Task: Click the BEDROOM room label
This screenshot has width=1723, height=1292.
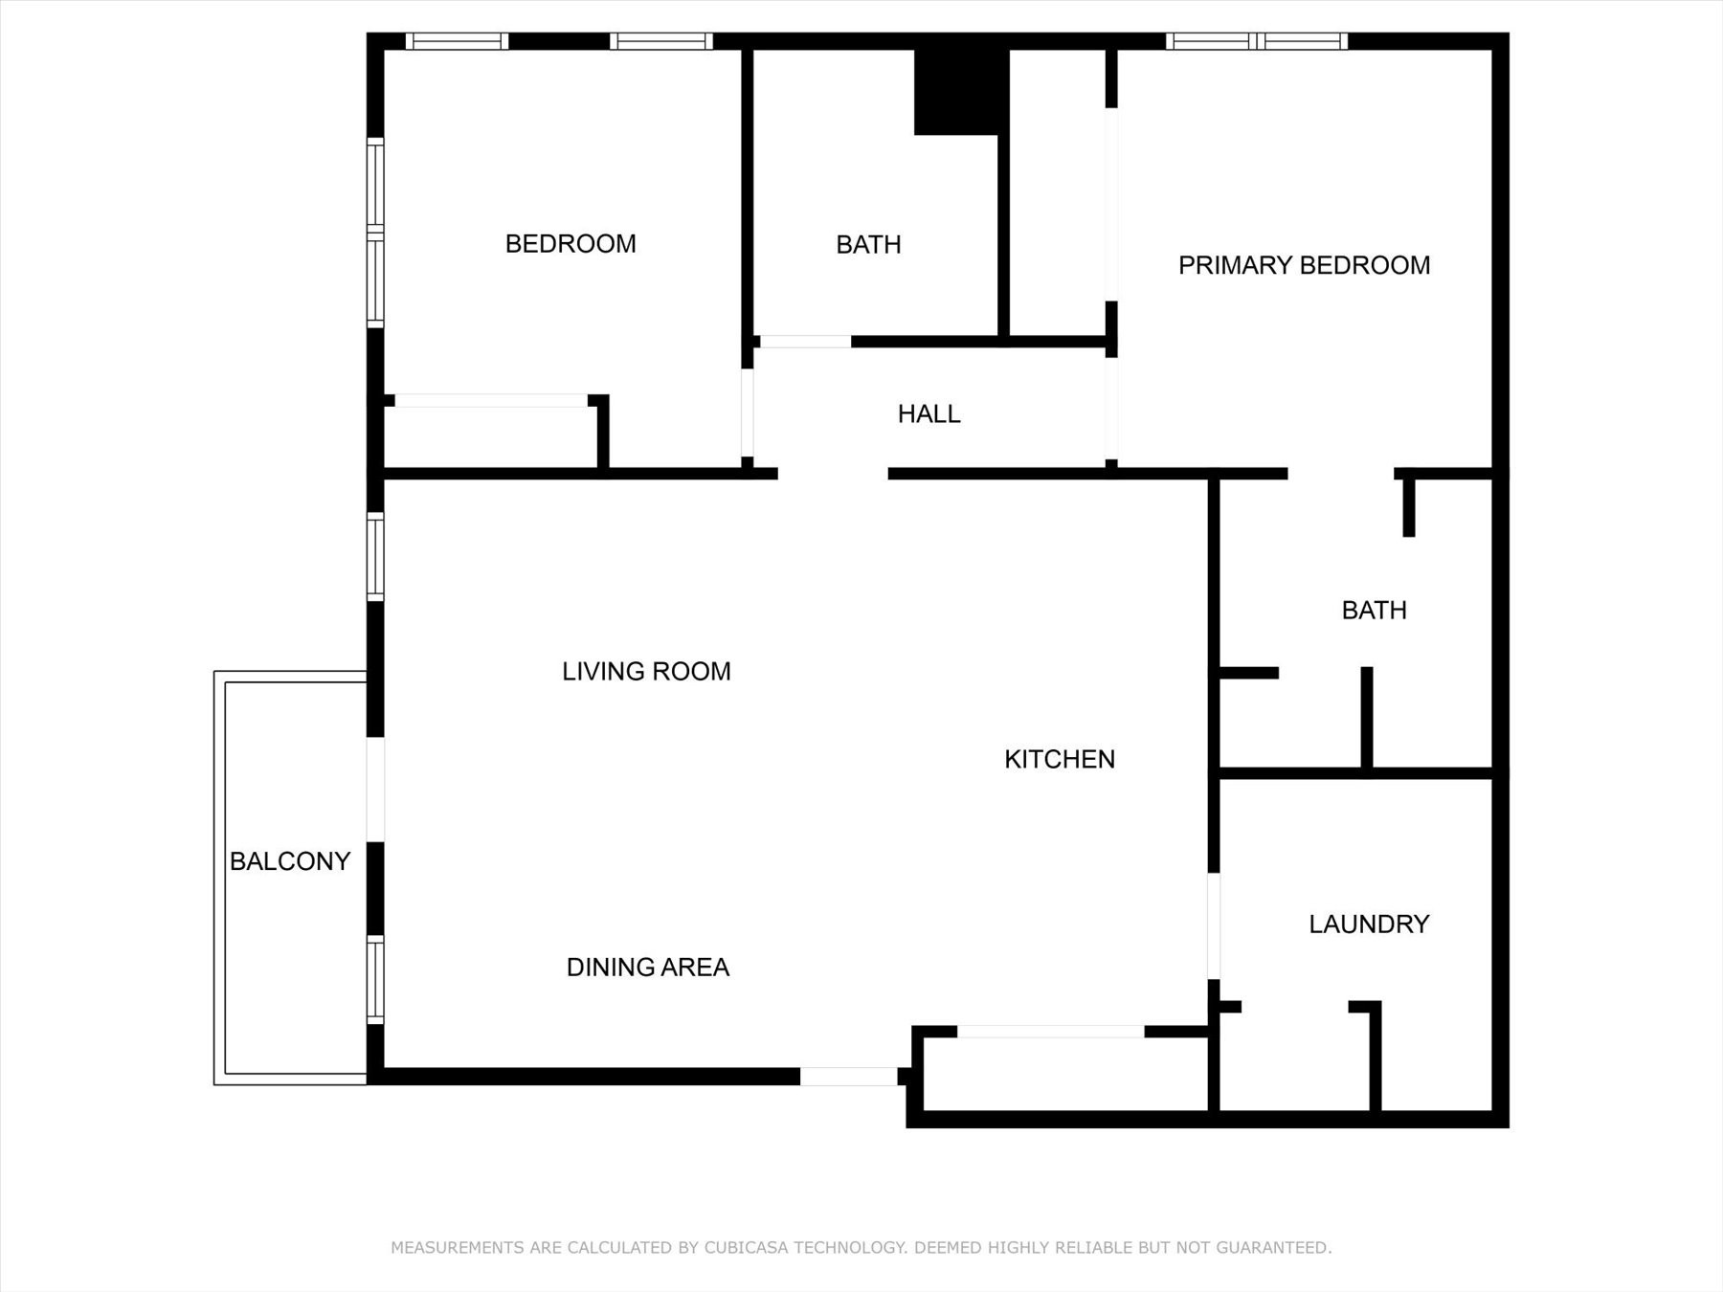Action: coord(571,244)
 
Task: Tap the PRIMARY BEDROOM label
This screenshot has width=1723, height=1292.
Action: coord(1304,265)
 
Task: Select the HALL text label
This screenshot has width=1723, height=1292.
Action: coord(929,414)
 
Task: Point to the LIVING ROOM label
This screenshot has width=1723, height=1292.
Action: coord(646,672)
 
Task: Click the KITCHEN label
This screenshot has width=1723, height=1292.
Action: coord(1059,760)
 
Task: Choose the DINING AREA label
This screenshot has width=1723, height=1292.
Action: coord(647,968)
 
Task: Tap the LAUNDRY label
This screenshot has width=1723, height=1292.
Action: coord(1368,924)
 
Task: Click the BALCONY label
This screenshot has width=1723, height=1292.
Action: coord(289,861)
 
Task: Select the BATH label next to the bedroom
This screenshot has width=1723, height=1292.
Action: coord(868,245)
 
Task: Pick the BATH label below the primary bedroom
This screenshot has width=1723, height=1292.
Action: coord(1374,611)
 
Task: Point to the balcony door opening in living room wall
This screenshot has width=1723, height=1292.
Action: coord(375,790)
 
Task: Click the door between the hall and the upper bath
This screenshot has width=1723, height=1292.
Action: coord(805,342)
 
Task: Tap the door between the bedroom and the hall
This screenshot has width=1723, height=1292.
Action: coord(747,412)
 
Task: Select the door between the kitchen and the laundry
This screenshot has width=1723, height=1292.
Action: coord(1213,925)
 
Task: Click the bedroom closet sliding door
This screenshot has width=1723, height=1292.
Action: coord(491,401)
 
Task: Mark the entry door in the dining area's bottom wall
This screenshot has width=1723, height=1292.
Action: coord(848,1077)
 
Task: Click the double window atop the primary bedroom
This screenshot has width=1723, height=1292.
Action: coord(1257,41)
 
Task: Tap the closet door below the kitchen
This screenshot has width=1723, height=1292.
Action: coord(1050,1032)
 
